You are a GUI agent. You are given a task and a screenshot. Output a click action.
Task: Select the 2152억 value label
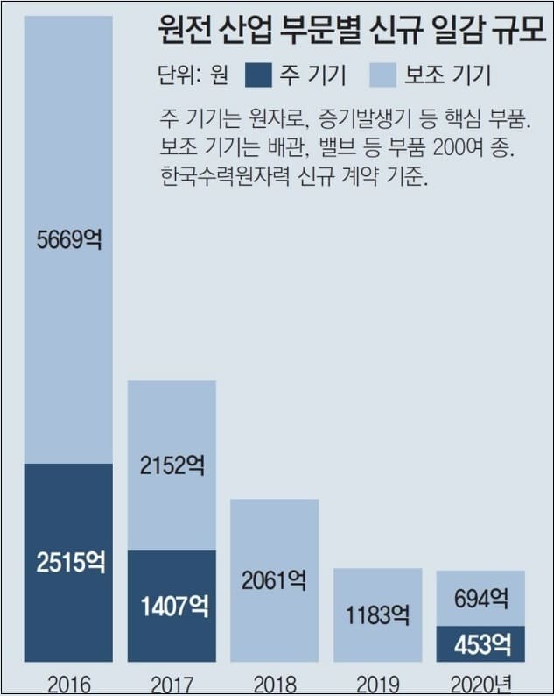point(172,465)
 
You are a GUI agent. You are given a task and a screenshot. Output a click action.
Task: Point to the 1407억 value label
point(172,606)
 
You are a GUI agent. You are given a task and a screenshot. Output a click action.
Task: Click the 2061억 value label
point(274,579)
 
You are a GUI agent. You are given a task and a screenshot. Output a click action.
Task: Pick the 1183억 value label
point(377,614)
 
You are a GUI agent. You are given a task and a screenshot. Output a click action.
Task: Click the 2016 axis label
point(68,683)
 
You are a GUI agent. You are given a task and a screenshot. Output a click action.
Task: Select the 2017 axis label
point(172,683)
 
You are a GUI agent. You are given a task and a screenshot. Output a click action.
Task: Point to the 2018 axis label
point(274,683)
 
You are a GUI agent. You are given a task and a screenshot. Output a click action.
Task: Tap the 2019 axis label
point(377,683)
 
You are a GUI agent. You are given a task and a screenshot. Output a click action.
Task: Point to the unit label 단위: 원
point(194,76)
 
